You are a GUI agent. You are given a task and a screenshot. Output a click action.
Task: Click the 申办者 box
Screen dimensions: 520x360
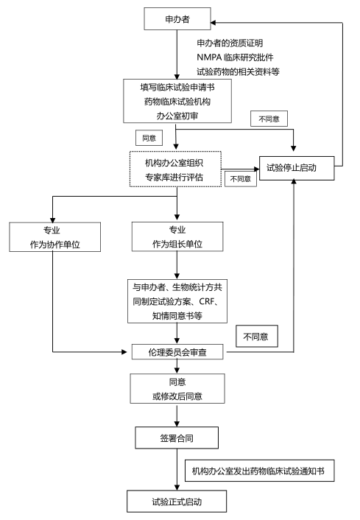coord(177,18)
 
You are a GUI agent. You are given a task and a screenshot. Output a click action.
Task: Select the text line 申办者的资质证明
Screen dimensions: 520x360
coord(229,43)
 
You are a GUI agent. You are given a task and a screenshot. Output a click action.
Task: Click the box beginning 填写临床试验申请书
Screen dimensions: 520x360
coord(177,100)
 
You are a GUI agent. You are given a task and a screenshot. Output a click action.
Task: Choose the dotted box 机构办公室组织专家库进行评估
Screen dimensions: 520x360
coord(175,168)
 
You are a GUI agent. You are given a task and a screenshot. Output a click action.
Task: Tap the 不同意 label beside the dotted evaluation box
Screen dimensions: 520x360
coord(241,178)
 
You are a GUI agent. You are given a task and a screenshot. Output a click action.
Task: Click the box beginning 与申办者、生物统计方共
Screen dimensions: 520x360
coord(177,300)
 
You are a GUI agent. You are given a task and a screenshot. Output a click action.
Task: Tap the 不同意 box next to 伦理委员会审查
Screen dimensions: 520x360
coord(255,337)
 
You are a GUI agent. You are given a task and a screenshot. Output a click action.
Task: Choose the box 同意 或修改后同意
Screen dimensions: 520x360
coord(176,388)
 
